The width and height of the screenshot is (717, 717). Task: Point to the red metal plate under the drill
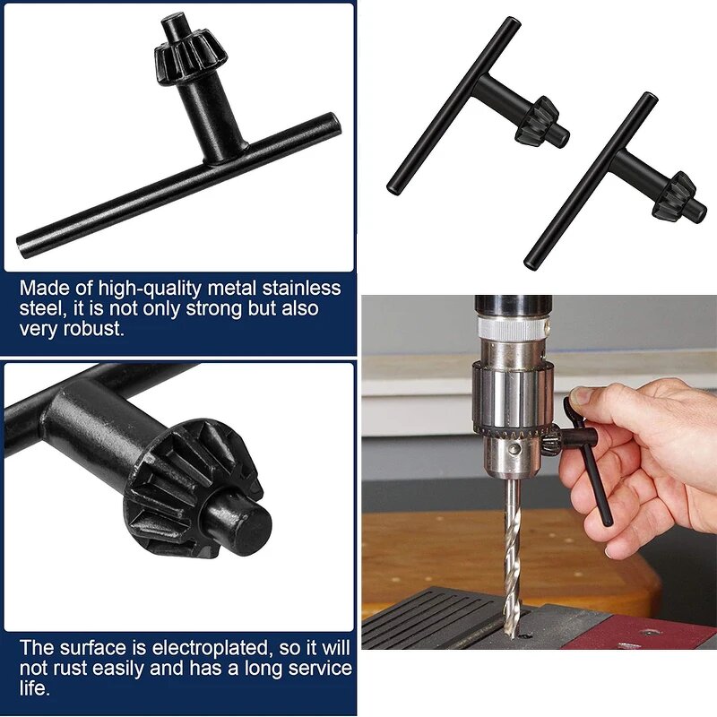click(645, 631)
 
